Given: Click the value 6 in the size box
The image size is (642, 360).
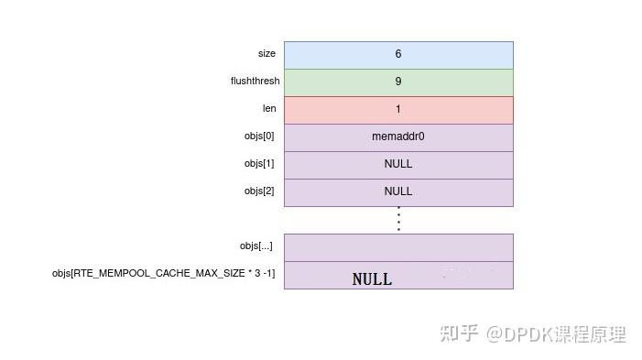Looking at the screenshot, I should (x=398, y=54).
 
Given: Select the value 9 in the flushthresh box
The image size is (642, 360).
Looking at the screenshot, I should (x=398, y=82).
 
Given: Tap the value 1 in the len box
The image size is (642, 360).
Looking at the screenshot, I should (x=398, y=109).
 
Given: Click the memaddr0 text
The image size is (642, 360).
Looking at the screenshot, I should (x=398, y=136).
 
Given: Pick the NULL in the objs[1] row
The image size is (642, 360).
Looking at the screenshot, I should (x=398, y=164).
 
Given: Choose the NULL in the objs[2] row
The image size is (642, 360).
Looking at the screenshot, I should (x=398, y=191).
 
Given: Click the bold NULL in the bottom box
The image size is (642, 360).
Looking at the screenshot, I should (x=372, y=279).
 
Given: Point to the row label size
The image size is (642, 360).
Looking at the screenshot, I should (x=267, y=54).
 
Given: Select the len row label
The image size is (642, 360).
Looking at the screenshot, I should (x=269, y=108).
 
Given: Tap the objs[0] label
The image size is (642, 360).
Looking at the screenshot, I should (x=259, y=136).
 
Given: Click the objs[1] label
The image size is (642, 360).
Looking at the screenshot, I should (x=259, y=164).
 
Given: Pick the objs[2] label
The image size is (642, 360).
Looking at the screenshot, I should (x=259, y=191).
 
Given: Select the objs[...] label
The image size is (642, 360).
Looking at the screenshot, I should (x=256, y=246).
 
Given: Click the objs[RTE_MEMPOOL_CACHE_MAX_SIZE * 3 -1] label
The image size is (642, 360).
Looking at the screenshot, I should (x=164, y=274).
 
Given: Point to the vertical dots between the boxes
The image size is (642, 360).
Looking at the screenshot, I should (x=398, y=219).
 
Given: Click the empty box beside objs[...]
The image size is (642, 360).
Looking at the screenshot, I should (x=398, y=247).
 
